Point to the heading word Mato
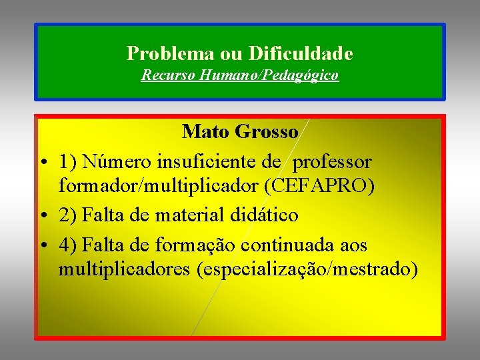pos(207,131)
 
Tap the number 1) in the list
pos(68,161)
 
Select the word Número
pos(117,161)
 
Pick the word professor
pos(333,161)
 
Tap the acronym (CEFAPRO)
pos(319,186)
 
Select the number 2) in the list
pos(68,215)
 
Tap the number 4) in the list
pos(68,245)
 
